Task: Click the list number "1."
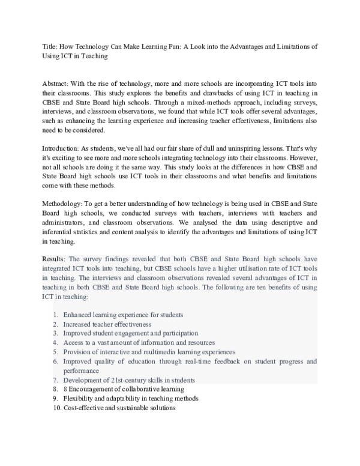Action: point(55,315)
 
